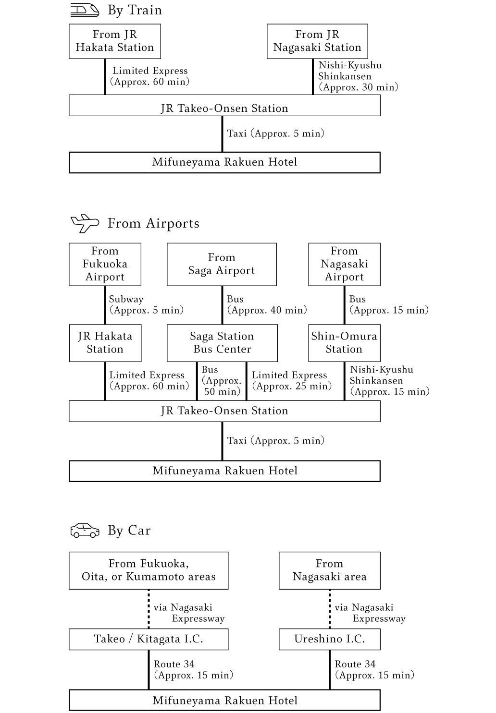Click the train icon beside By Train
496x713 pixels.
pyautogui.click(x=85, y=10)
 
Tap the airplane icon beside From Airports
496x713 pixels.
pyautogui.click(x=85, y=223)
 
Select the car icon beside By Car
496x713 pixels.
pyautogui.click(x=85, y=530)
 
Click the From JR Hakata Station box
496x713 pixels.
pyautogui.click(x=115, y=41)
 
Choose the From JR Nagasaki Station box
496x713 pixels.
pyautogui.click(x=317, y=41)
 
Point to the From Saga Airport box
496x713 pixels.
pyautogui.click(x=222, y=265)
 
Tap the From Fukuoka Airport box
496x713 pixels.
pyautogui.click(x=105, y=265)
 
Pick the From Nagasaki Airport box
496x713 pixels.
pyautogui.click(x=344, y=265)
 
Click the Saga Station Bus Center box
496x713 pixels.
pyautogui.click(x=222, y=343)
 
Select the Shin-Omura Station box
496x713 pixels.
pyautogui.click(x=344, y=343)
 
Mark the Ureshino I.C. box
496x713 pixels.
pyautogui.click(x=329, y=639)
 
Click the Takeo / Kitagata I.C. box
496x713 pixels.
pyautogui.click(x=149, y=639)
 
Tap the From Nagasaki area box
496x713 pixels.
pyautogui.click(x=329, y=571)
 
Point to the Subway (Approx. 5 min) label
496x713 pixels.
pyautogui.click(x=147, y=304)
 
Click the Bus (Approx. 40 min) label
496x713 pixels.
pyautogui.click(x=267, y=304)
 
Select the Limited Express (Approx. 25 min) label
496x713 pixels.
pyautogui.click(x=292, y=381)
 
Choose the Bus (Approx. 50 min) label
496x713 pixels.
pyautogui.click(x=222, y=381)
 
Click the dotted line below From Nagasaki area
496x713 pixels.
pyautogui.click(x=330, y=609)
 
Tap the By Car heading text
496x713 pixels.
pyautogui.click(x=129, y=531)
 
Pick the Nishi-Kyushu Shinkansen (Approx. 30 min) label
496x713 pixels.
pyautogui.click(x=359, y=76)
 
